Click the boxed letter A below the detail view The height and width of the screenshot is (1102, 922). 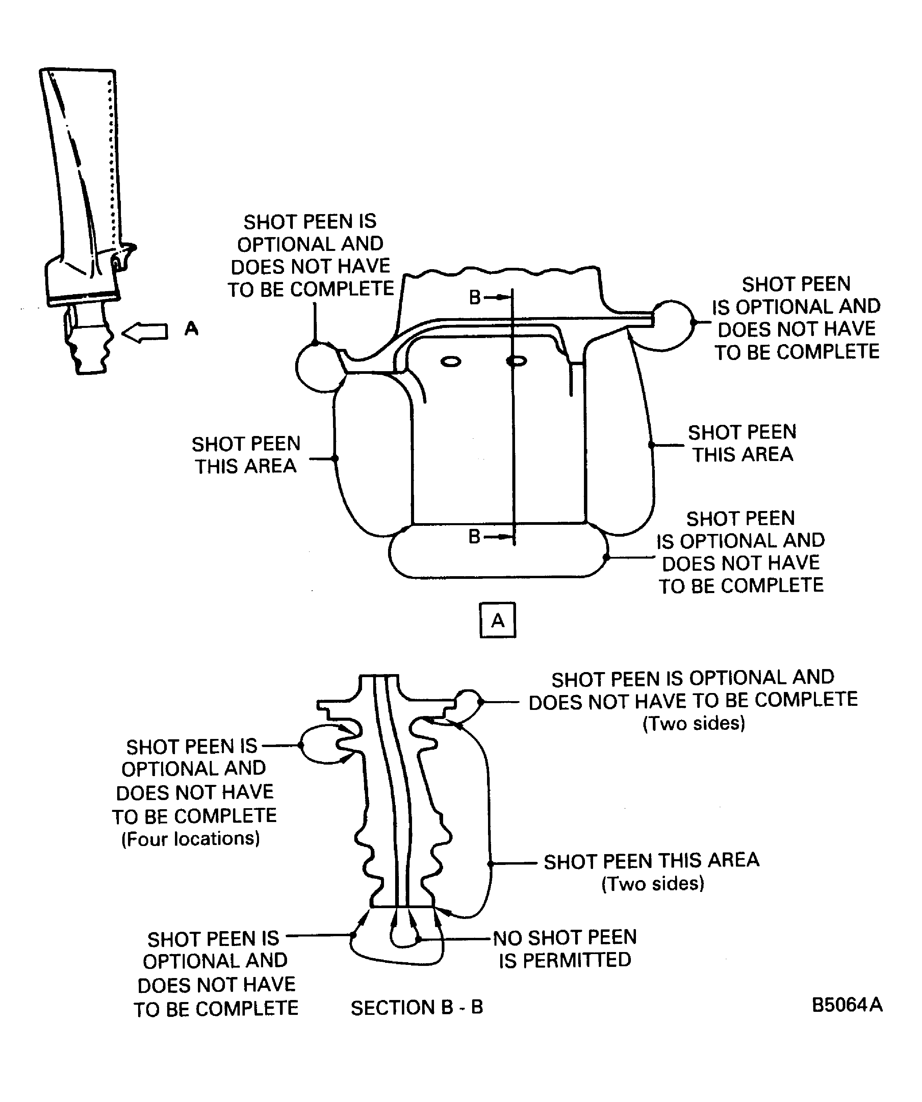[497, 620]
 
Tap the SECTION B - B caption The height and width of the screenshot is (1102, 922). [417, 1007]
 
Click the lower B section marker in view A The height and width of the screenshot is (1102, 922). [475, 536]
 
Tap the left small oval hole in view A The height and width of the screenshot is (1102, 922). [451, 362]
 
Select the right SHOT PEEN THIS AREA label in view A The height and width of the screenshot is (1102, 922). [742, 443]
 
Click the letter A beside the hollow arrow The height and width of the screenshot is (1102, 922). [191, 329]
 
